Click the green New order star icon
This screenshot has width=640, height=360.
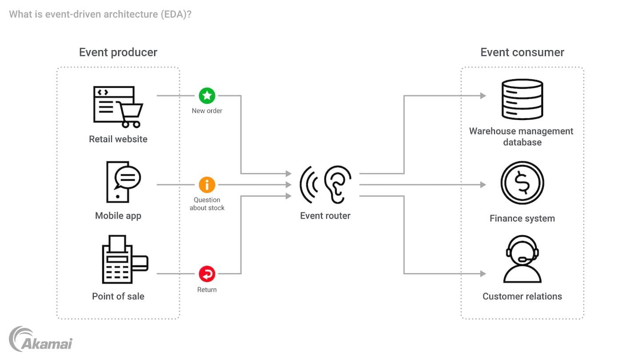pyautogui.click(x=207, y=96)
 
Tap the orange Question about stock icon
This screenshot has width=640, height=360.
pyautogui.click(x=207, y=184)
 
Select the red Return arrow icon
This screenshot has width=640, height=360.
pyautogui.click(x=207, y=274)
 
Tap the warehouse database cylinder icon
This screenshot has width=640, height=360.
pyautogui.click(x=522, y=100)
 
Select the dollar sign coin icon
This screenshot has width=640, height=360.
pyautogui.click(x=522, y=183)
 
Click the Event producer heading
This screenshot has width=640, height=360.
pyautogui.click(x=118, y=52)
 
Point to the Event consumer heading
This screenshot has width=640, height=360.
pyautogui.click(x=522, y=52)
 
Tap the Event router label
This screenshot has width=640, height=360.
pyautogui.click(x=325, y=216)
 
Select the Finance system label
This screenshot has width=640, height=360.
pyautogui.click(x=522, y=219)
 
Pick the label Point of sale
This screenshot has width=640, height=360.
pyautogui.click(x=118, y=296)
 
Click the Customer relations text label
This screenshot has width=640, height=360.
pyautogui.click(x=522, y=296)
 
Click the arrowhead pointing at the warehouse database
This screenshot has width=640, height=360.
pyautogui.click(x=483, y=96)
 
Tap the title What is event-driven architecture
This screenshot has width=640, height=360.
pyautogui.click(x=100, y=14)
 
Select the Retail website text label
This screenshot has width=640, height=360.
pyautogui.click(x=118, y=139)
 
